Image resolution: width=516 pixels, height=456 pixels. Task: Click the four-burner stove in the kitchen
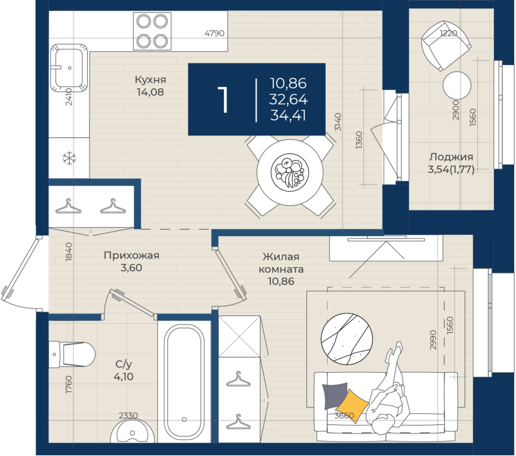point(152,31)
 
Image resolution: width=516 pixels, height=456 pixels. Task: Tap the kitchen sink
point(68,66)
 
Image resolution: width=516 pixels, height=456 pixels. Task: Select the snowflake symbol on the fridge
point(68,158)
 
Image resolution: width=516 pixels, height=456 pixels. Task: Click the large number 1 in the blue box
point(223,99)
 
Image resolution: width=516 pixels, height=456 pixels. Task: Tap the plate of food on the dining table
point(288,172)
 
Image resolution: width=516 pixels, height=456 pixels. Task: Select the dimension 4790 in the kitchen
point(214,32)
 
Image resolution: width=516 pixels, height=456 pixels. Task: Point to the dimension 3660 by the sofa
point(344,415)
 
